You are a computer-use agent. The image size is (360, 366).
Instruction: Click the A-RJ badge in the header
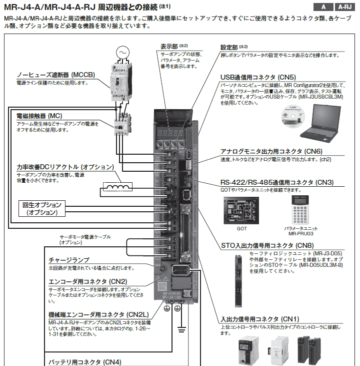tap(345, 7)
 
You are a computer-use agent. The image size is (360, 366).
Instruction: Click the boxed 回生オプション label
tap(42, 208)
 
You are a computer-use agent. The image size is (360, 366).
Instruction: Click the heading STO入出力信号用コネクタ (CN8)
tap(267, 245)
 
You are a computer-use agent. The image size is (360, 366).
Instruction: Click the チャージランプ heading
tap(69, 260)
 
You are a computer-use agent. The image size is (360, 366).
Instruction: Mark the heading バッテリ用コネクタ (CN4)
tap(84, 361)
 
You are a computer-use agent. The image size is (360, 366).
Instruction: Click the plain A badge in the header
tap(323, 7)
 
